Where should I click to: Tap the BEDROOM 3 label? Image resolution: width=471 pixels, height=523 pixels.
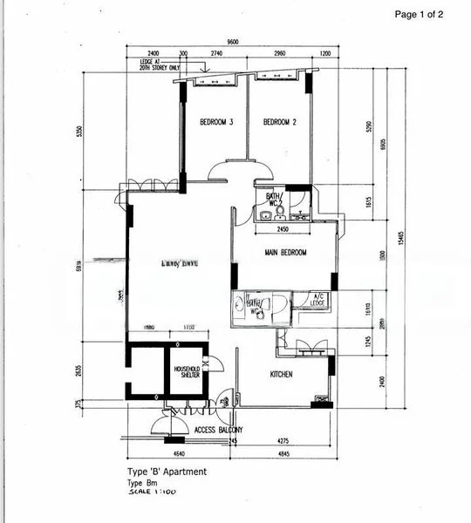[x=215, y=123]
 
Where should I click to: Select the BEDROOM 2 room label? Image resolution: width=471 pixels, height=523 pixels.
[x=280, y=123]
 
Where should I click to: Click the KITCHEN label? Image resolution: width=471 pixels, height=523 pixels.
[x=280, y=374]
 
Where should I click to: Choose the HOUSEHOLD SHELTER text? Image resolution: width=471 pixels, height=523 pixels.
[x=186, y=372]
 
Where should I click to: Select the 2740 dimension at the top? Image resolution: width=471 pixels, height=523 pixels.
[x=217, y=52]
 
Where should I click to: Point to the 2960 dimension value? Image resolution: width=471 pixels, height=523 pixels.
[x=279, y=52]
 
